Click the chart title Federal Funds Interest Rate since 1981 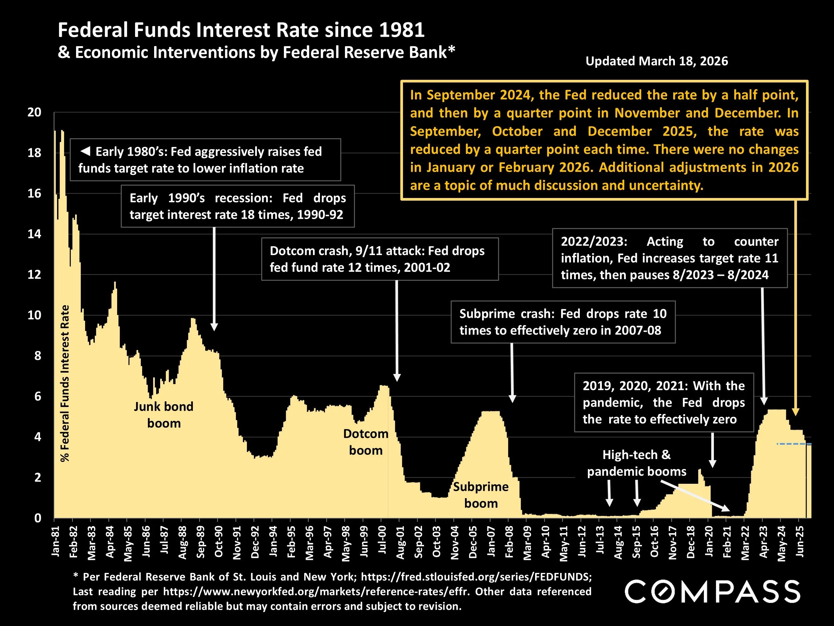241,30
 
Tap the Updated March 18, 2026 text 657,61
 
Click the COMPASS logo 712,591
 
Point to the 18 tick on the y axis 34,153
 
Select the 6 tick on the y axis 37,396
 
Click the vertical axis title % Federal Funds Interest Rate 65,383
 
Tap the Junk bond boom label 164,415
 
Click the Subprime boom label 481,495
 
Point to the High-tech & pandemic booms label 637,463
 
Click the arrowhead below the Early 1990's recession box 214,327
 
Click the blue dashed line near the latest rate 792,444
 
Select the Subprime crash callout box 562,322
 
